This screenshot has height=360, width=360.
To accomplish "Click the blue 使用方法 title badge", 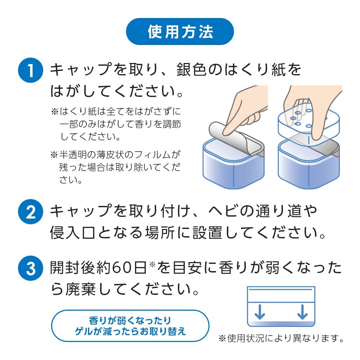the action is tap(180, 31).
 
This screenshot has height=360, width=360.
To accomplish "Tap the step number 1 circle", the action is tap(31, 70).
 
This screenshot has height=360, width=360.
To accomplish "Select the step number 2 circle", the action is tap(31, 211).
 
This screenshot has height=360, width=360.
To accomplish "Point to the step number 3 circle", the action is tap(31, 268).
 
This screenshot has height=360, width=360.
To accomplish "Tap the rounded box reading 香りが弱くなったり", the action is tap(130, 325).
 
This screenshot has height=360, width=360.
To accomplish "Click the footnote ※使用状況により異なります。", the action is tap(281, 338).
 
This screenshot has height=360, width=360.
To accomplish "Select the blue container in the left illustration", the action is tap(234, 163).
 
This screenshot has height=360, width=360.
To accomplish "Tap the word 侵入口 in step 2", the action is tap(73, 233).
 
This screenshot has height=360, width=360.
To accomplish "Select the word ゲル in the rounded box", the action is tap(84, 331).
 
